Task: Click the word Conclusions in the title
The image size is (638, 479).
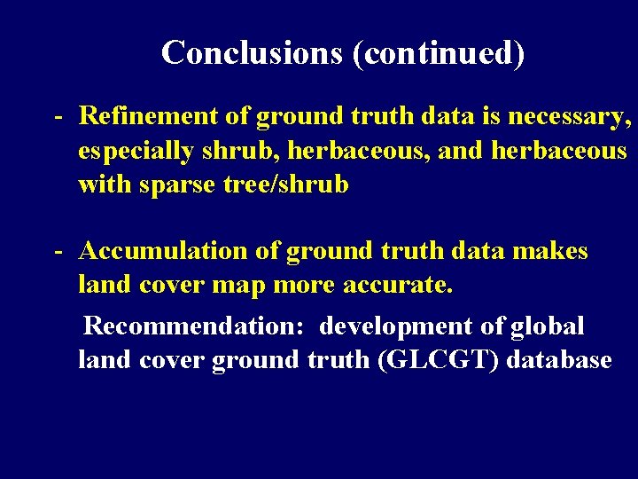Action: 252,53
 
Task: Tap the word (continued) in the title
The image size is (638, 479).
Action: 439,54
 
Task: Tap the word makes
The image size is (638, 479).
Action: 551,251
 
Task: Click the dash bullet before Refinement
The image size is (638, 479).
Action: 57,116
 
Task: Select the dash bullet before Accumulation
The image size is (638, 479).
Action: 57,252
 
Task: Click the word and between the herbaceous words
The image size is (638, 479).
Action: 461,151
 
